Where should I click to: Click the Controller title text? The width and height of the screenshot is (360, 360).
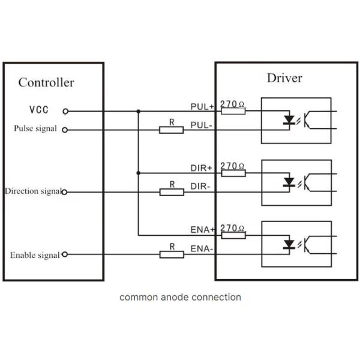46,83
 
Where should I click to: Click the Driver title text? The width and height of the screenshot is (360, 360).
284,79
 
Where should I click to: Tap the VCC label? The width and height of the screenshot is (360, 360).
38,111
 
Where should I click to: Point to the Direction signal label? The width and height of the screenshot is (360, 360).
32,191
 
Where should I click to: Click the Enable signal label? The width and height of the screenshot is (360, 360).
35,255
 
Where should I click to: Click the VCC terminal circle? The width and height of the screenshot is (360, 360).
65,111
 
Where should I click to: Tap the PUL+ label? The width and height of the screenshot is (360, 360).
202,107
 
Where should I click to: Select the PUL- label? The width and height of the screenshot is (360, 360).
201,125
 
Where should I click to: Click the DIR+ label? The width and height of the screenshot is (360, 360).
202,169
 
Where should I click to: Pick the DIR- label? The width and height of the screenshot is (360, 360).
201,187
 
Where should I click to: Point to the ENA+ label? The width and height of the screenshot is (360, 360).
202,230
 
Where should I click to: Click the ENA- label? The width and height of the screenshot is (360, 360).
201,248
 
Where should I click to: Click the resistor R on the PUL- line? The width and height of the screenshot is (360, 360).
172,130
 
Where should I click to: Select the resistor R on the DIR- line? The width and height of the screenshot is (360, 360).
172,192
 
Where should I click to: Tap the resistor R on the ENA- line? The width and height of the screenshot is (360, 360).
172,254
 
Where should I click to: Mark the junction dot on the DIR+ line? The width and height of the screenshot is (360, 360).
139,173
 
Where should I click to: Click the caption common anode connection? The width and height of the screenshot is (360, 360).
180,297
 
